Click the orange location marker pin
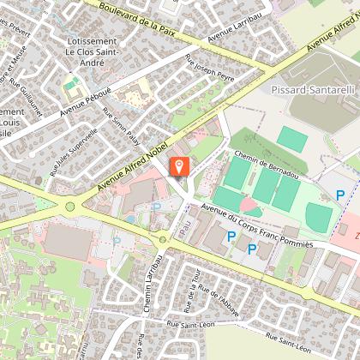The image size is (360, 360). [179, 167]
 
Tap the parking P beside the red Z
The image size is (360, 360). [341, 196]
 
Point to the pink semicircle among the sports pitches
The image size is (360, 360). [251, 207]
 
